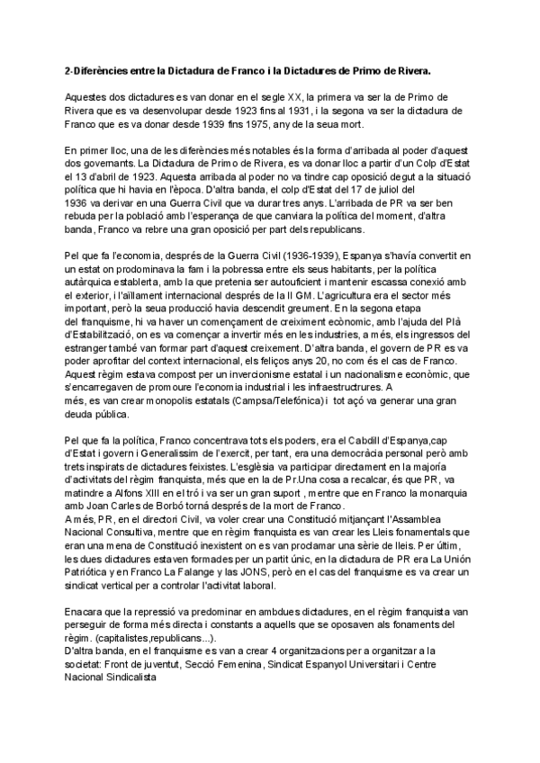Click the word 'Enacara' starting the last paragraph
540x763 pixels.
coord(88,638)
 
